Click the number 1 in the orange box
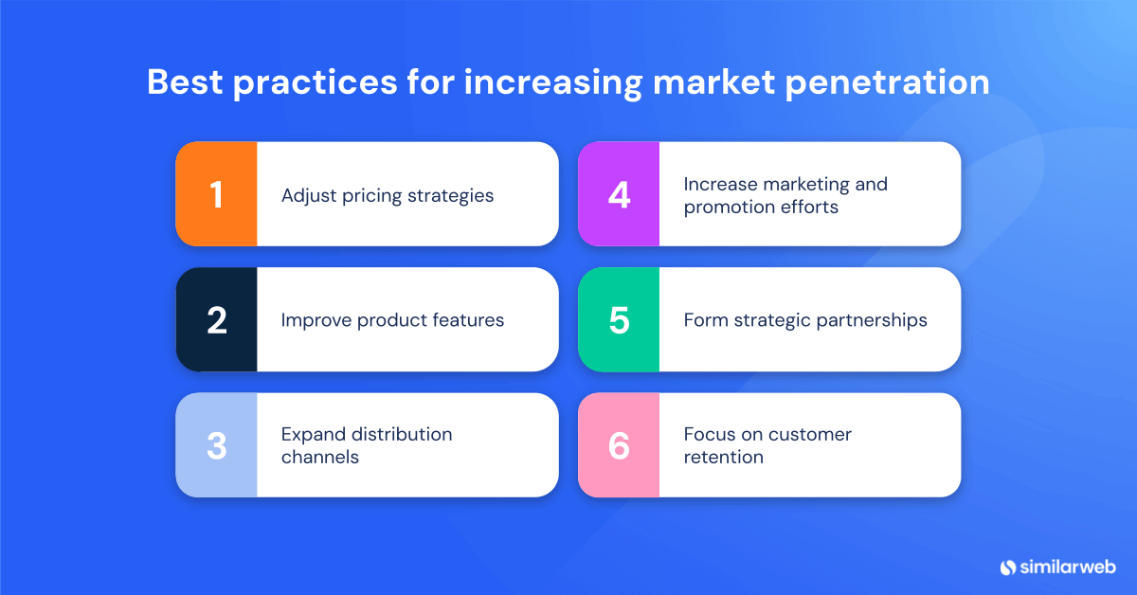(216, 194)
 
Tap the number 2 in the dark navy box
(216, 320)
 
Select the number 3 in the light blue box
(216, 445)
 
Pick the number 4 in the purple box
(619, 194)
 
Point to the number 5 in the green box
(619, 320)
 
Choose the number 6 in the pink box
(619, 445)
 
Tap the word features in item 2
(468, 320)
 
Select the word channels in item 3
(320, 457)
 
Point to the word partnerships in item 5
(870, 321)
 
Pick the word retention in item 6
(723, 457)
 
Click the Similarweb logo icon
(1008, 567)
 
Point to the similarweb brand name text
(1068, 567)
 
